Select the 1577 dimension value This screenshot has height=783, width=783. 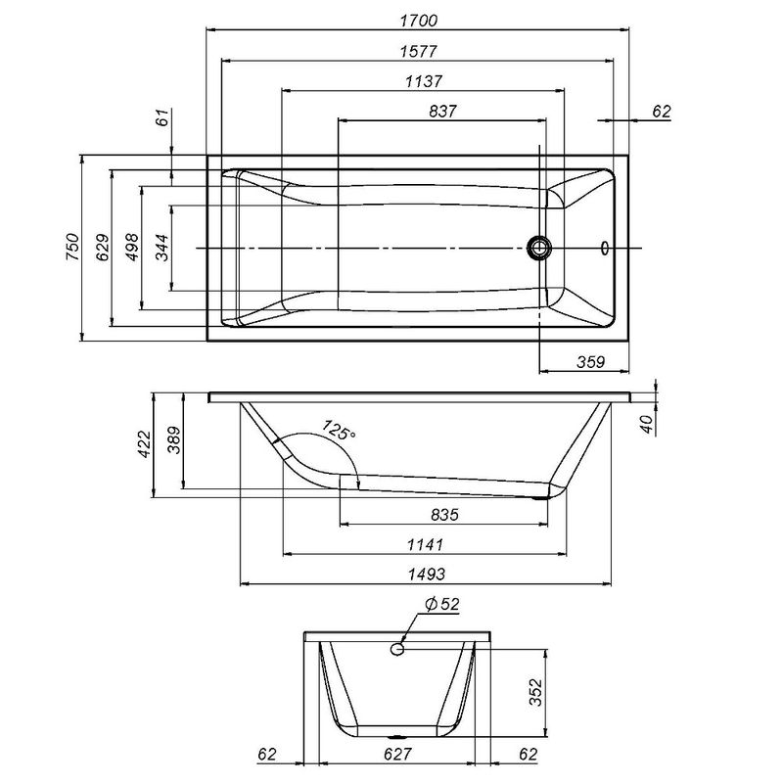point(418,51)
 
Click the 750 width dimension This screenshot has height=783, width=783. point(70,248)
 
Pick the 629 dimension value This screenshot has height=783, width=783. point(101,248)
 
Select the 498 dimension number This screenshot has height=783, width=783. point(131,248)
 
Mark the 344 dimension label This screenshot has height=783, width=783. point(161,248)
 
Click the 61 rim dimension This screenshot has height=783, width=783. point(162,118)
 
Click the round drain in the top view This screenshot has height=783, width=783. point(538,248)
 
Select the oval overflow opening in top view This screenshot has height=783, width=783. point(604,248)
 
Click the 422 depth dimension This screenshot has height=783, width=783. point(144,444)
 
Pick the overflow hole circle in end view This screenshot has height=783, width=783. point(398,648)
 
